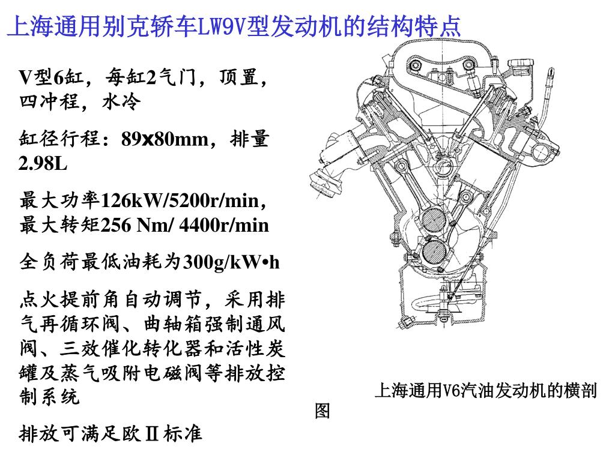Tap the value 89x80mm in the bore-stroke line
[x=165, y=139]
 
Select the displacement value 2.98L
[x=43, y=163]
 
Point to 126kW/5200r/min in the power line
[x=183, y=200]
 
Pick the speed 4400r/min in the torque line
[x=224, y=225]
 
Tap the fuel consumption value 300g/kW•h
[x=231, y=262]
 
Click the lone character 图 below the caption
[x=323, y=411]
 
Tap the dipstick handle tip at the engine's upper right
[x=551, y=73]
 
